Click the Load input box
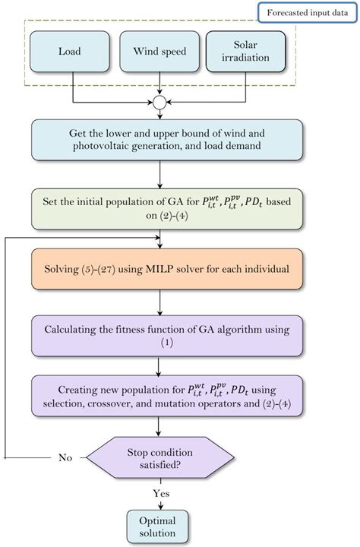pyautogui.click(x=72, y=52)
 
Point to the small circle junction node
pyautogui.click(x=159, y=102)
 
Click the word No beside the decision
pyautogui.click(x=67, y=458)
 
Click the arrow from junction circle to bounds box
pyautogui.click(x=159, y=114)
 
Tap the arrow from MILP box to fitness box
pyautogui.click(x=159, y=304)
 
